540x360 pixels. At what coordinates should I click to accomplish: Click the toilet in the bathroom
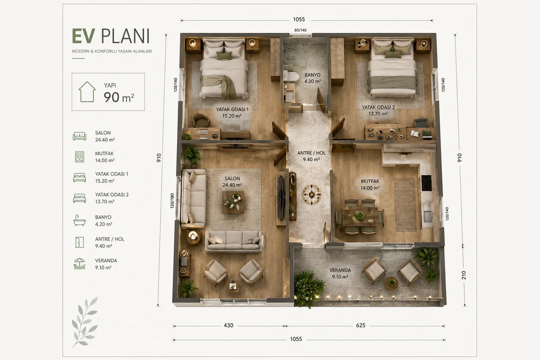[x=291, y=76]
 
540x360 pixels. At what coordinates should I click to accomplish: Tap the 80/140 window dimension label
[x=301, y=30]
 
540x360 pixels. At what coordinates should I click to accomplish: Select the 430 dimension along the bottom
[x=228, y=325]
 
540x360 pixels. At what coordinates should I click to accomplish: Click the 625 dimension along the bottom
[x=360, y=325]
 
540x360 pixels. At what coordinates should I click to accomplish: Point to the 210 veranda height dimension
[x=464, y=275]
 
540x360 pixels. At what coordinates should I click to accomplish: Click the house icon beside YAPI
[x=87, y=92]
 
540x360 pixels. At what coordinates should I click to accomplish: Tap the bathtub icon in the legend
[x=80, y=220]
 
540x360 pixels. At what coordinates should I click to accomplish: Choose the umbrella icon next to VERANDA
[x=80, y=264]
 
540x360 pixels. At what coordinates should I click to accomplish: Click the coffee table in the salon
[x=233, y=202]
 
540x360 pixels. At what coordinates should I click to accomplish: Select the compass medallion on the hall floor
[x=312, y=194]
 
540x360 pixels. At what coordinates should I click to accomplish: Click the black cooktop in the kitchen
[x=427, y=183]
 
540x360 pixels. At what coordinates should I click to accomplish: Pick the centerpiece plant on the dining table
[x=360, y=215]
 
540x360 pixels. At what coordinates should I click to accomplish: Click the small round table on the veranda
[x=391, y=283]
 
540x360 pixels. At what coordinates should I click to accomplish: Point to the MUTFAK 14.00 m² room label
[x=370, y=184]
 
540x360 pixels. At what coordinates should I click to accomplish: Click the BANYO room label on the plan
[x=312, y=75]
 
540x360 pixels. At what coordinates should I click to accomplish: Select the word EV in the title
[x=83, y=36]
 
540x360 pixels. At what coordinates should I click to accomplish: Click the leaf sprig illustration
[x=85, y=322]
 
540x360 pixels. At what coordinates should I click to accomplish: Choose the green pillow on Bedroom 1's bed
[x=224, y=56]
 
